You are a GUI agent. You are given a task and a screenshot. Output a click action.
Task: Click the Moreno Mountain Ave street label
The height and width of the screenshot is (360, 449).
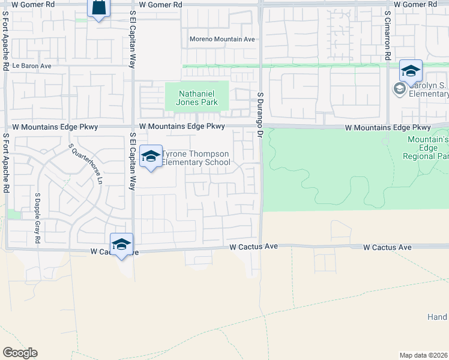pyautogui.click(x=222, y=40)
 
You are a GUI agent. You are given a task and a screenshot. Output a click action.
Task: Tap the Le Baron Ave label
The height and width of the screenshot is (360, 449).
pyautogui.click(x=29, y=66)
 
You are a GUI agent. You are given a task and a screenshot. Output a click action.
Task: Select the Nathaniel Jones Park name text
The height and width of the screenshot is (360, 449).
pyautogui.click(x=197, y=98)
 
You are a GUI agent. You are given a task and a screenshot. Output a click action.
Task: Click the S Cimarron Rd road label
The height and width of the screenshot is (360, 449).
pyautogui.click(x=388, y=35)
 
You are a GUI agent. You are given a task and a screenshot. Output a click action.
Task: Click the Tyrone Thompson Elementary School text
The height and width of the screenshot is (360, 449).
pyautogui.click(x=196, y=158)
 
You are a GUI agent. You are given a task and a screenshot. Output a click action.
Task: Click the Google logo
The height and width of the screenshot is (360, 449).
pyautogui.click(x=20, y=353)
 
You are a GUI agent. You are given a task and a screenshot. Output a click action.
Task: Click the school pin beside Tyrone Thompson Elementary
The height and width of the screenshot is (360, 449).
pyautogui.click(x=151, y=157)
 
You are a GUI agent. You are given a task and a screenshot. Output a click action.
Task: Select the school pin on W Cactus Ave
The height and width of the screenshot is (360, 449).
pyautogui.click(x=121, y=244)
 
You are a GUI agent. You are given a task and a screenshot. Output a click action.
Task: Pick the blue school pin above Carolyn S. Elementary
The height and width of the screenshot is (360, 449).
pyautogui.click(x=411, y=72)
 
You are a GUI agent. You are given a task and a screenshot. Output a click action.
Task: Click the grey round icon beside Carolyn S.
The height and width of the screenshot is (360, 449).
pyautogui.click(x=399, y=89)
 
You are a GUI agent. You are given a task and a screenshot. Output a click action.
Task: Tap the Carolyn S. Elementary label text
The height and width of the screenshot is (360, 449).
pyautogui.click(x=428, y=89)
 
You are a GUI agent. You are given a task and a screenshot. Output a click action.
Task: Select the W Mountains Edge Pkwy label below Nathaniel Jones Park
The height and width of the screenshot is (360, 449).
pyautogui.click(x=182, y=127)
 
